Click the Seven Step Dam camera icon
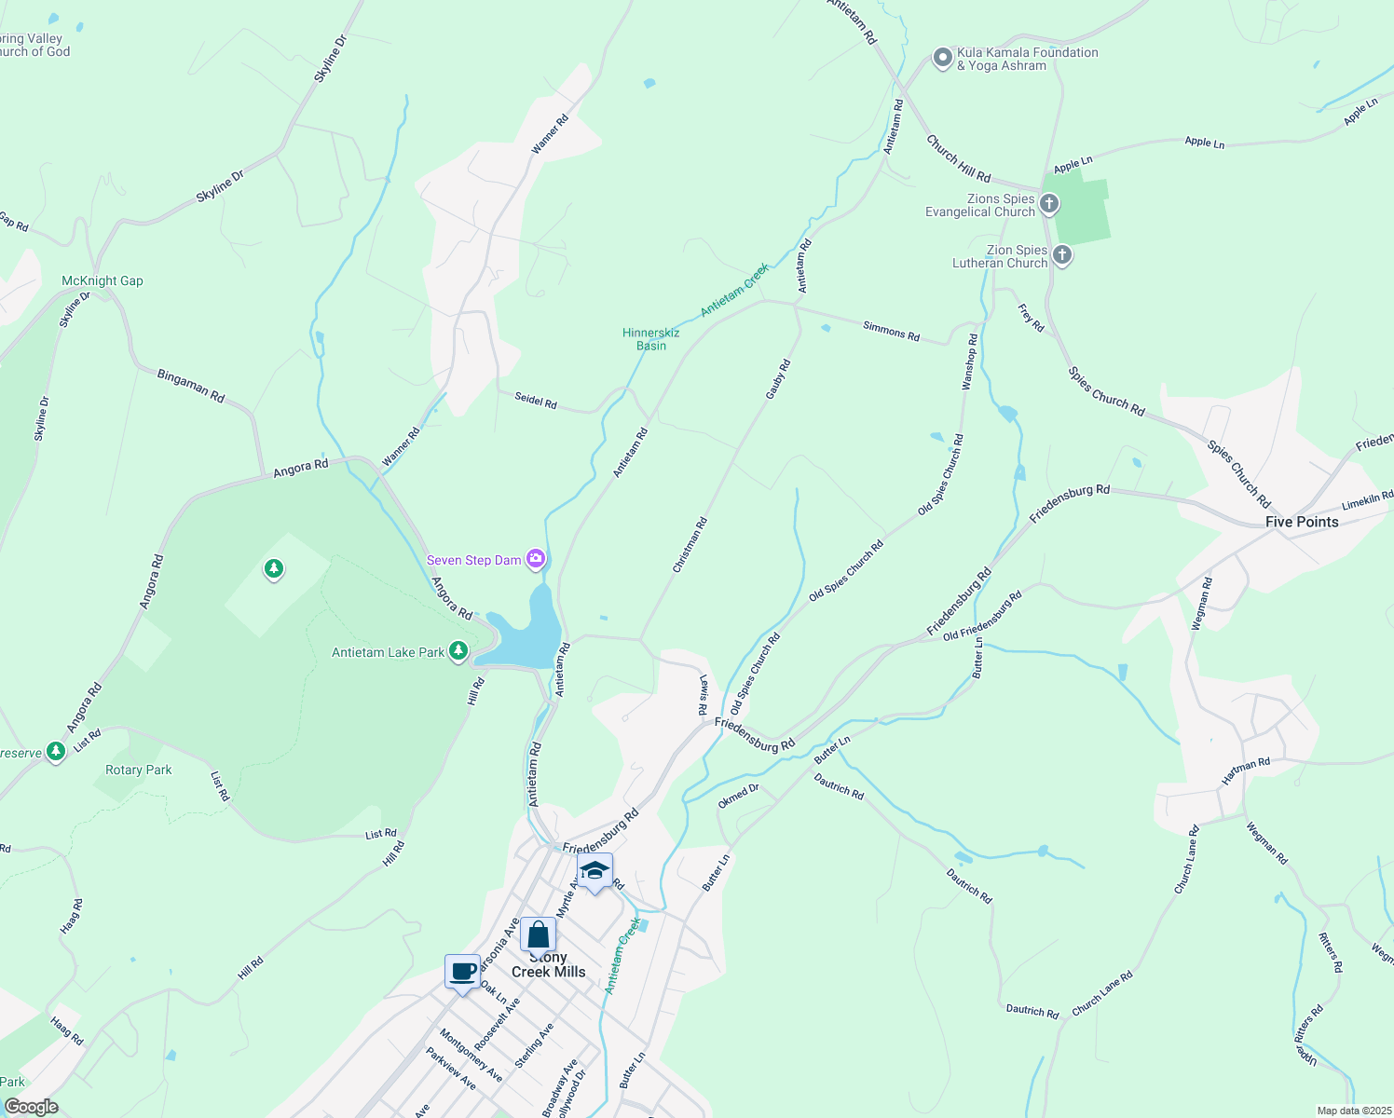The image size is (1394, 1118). click(x=536, y=559)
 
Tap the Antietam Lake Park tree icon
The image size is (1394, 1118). click(x=458, y=651)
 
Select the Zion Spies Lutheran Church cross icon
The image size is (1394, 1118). click(x=1061, y=254)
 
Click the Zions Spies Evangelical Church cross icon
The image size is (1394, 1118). click(x=1049, y=203)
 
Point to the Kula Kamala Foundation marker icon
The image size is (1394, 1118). click(x=942, y=58)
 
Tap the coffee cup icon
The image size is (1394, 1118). click(x=462, y=972)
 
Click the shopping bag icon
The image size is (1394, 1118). click(x=538, y=934)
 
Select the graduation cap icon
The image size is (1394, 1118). click(x=594, y=871)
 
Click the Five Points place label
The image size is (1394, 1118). click(x=1301, y=522)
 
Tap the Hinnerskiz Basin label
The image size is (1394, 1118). click(x=651, y=339)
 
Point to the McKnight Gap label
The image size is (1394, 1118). click(x=102, y=280)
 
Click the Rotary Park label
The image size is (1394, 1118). click(x=139, y=770)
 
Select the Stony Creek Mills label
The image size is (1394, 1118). click(x=549, y=965)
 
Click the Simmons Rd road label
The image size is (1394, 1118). click(x=891, y=330)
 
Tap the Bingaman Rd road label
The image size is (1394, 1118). click(x=191, y=386)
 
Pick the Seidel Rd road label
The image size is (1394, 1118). click(x=536, y=402)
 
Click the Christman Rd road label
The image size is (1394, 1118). click(x=690, y=545)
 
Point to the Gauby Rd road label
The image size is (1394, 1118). click(x=777, y=380)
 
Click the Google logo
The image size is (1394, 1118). click(x=31, y=1107)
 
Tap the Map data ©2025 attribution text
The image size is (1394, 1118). click(x=1352, y=1111)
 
